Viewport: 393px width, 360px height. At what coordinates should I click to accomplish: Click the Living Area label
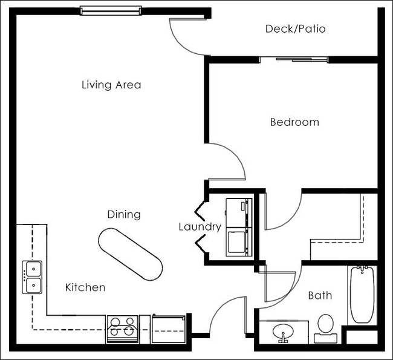click(x=111, y=85)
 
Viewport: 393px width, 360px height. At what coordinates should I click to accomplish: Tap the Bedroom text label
click(x=294, y=122)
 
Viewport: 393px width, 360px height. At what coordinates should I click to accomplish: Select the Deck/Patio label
click(x=296, y=29)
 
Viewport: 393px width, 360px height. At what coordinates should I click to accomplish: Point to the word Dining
click(x=124, y=214)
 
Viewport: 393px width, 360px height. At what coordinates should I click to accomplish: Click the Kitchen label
click(x=85, y=287)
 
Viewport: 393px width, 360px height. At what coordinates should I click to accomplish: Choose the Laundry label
click(x=200, y=227)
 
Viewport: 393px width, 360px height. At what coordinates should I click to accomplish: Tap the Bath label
click(x=320, y=296)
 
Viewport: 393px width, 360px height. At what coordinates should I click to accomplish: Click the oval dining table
click(x=130, y=254)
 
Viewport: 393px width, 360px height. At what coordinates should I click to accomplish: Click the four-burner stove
click(x=123, y=329)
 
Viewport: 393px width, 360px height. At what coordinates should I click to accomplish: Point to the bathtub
click(x=362, y=295)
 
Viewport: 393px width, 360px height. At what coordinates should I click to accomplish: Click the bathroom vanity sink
click(x=283, y=332)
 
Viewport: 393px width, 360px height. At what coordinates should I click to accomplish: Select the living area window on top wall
click(x=111, y=10)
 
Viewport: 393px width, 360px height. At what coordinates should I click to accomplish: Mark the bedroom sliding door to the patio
click(x=294, y=59)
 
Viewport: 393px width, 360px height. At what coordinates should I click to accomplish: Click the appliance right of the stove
click(x=167, y=329)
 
